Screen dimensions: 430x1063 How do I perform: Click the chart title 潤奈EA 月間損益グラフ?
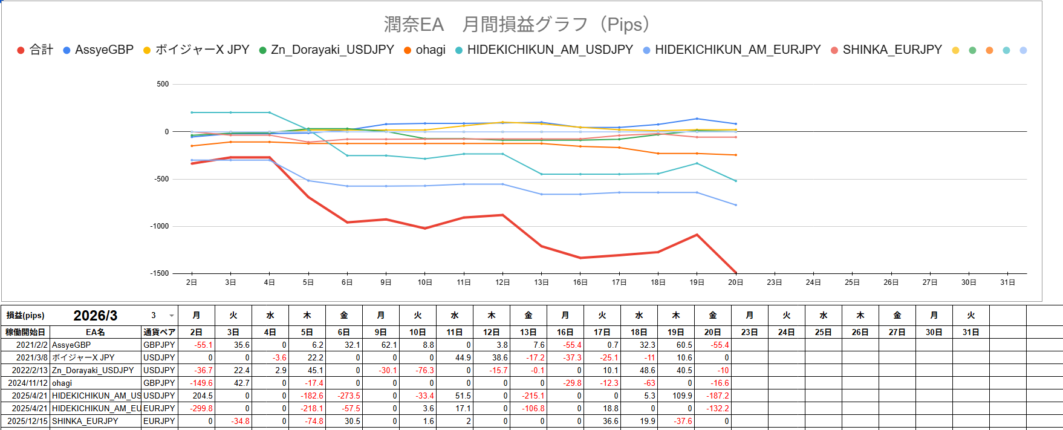pos(518,25)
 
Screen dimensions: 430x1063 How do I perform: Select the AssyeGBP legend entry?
pos(103,50)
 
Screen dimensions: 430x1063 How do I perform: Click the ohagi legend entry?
pos(430,50)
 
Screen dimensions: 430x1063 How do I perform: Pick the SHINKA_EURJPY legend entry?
pos(892,50)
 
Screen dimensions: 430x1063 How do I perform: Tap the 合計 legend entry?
pos(41,50)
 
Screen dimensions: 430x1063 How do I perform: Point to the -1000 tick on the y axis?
pos(160,226)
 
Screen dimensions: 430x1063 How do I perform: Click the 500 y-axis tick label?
pos(163,84)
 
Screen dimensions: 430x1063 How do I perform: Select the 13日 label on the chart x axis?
pos(541,282)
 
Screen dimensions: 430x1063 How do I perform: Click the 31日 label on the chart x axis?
pos(1007,282)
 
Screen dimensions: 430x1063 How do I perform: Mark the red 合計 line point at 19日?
pos(697,235)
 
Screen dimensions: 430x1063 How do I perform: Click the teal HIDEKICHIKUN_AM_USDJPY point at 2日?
pos(192,112)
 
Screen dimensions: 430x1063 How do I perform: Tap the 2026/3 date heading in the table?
pos(96,316)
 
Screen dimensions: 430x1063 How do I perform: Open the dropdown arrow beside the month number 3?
pos(172,316)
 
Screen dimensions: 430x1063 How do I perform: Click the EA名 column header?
pos(95,332)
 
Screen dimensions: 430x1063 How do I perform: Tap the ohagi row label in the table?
pos(62,383)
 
